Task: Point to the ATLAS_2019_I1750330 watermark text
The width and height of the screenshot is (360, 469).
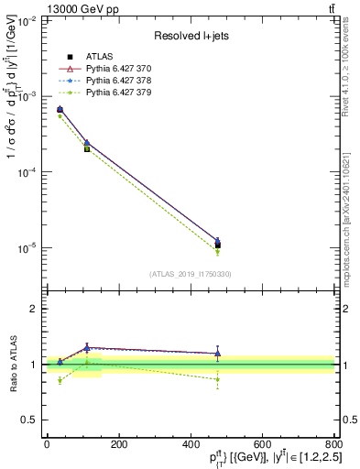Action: [190, 274]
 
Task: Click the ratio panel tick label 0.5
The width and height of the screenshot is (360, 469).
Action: [30, 420]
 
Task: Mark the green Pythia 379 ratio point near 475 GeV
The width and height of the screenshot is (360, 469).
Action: [217, 379]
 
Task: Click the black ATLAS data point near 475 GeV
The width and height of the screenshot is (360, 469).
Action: [217, 245]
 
